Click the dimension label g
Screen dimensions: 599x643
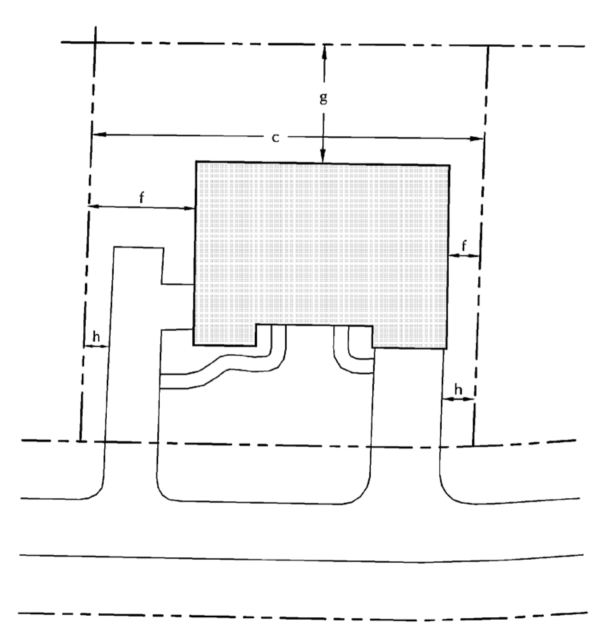tap(323, 98)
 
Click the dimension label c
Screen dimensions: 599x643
tap(275, 138)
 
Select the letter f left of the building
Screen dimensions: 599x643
tap(141, 198)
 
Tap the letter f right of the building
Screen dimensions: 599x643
tap(464, 246)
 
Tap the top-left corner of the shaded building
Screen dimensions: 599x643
tap(196, 161)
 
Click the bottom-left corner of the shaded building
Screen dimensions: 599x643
tap(194, 345)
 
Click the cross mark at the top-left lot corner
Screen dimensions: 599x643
tap(95, 42)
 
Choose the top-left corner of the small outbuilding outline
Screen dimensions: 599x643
tap(114, 247)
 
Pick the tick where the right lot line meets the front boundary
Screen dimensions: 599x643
tap(473, 446)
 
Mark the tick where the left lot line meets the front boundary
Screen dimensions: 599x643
tap(80, 441)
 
